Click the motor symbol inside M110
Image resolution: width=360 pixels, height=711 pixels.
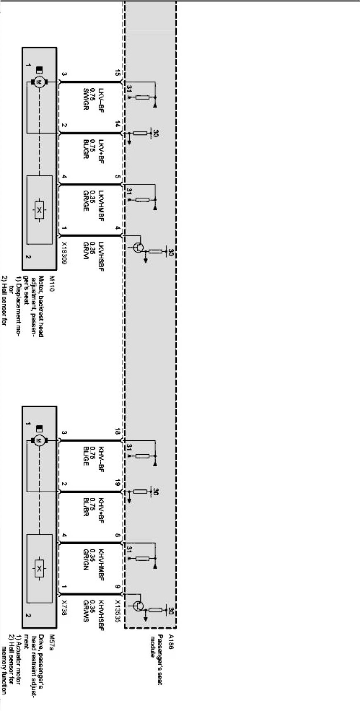pos(40,82)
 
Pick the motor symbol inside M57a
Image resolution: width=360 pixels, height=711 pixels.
pos(40,441)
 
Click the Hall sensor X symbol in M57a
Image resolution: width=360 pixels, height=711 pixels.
pos(39,570)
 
